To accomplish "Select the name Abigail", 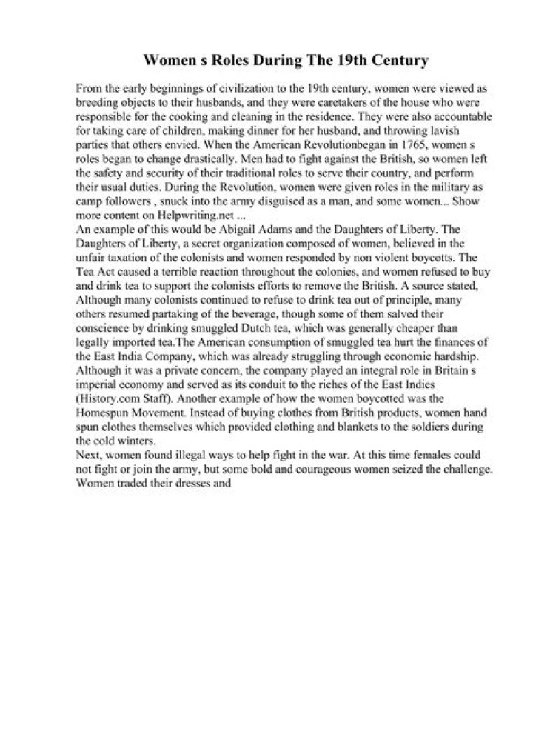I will click(x=264, y=220).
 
